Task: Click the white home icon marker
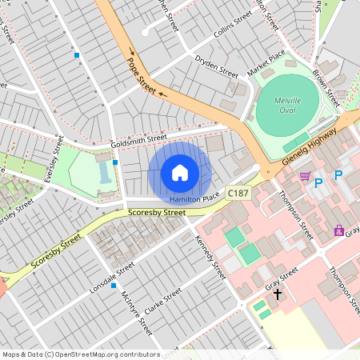pyautogui.click(x=180, y=173)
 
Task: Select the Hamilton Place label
pyautogui.click(x=195, y=198)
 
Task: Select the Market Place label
pyautogui.click(x=266, y=64)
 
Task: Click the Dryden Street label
pyautogui.click(x=216, y=66)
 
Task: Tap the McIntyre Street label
pyautogui.click(x=135, y=311)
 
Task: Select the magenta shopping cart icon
pyautogui.click(x=304, y=176)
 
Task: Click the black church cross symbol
pyautogui.click(x=278, y=294)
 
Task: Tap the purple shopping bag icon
pyautogui.click(x=339, y=231)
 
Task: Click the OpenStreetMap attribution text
pyautogui.click(x=81, y=354)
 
